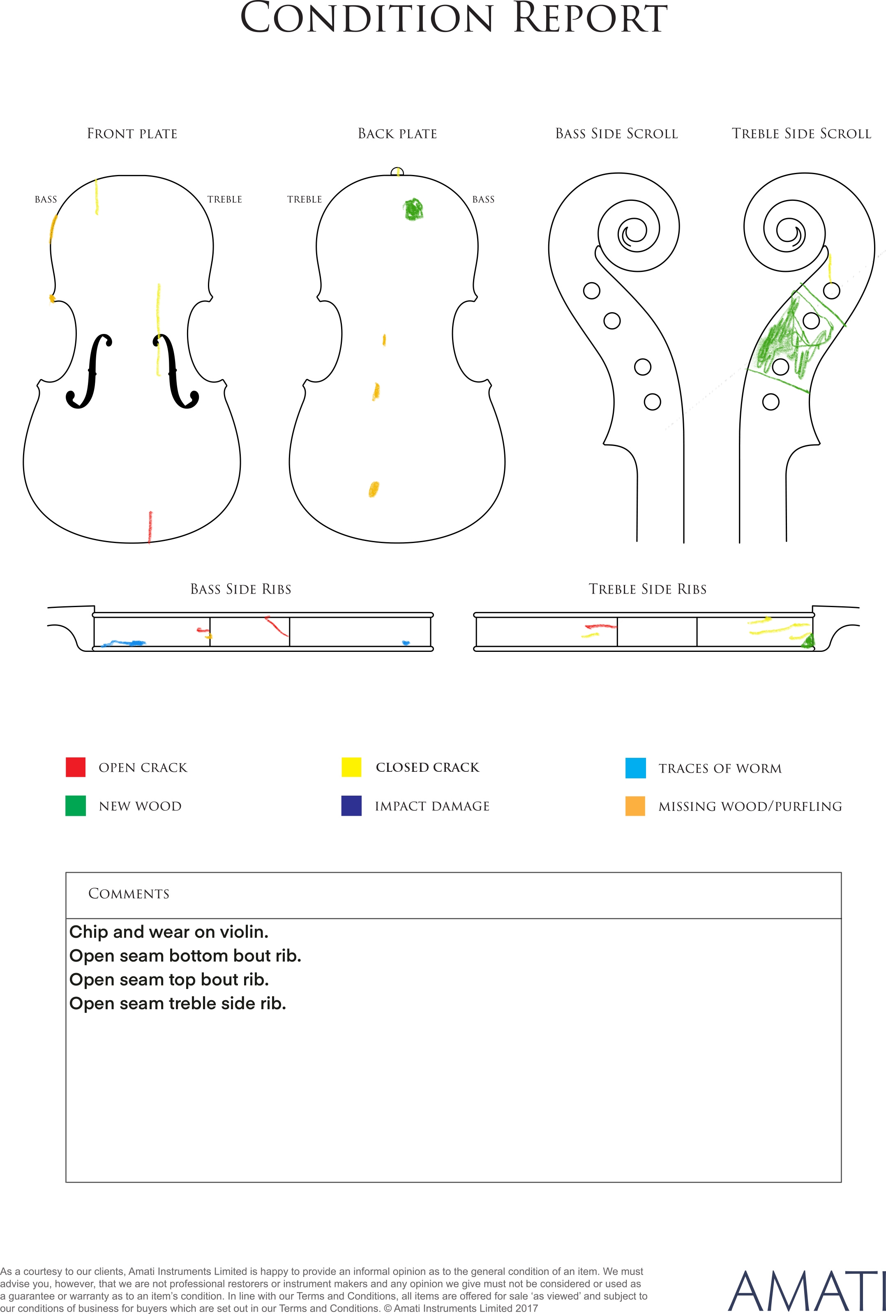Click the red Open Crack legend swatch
[76, 767]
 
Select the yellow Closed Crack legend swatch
[351, 767]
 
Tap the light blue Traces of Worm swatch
[636, 768]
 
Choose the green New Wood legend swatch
[76, 806]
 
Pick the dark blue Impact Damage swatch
[351, 806]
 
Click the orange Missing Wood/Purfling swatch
[635, 806]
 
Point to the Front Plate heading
[132, 134]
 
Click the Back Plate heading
[398, 134]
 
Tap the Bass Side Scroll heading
[616, 134]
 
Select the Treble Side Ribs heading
[648, 589]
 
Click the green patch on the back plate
[413, 209]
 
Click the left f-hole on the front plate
[89, 371]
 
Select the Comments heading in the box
[129, 893]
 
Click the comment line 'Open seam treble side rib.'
[178, 1003]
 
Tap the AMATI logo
[806, 1291]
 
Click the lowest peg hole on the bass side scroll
[652, 402]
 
